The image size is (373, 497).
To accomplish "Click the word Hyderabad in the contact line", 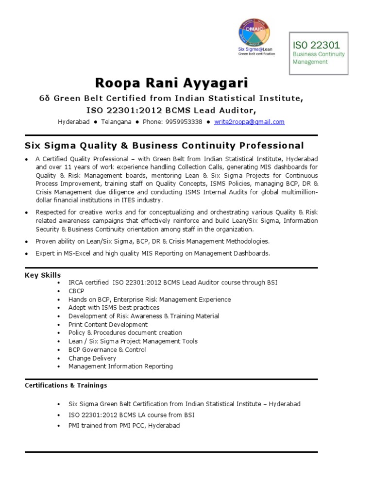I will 74,122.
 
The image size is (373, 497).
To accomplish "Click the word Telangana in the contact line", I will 116,122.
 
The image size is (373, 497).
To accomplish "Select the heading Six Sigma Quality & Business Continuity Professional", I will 164,146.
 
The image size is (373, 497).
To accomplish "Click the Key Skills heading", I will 43,275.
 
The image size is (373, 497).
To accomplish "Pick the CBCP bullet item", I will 77,291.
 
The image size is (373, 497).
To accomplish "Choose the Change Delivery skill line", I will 92,358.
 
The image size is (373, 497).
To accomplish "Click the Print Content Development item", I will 108,324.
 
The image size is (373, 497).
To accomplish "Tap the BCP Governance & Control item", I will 107,349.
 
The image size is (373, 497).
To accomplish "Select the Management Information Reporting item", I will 120,366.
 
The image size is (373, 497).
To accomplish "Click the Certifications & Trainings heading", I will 66,385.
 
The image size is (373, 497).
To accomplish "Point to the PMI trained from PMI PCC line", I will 124,426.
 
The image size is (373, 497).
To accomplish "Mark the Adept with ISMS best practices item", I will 114,308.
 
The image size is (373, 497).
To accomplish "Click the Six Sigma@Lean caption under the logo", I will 254,50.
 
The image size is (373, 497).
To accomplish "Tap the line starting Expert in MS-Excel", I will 153,253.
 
